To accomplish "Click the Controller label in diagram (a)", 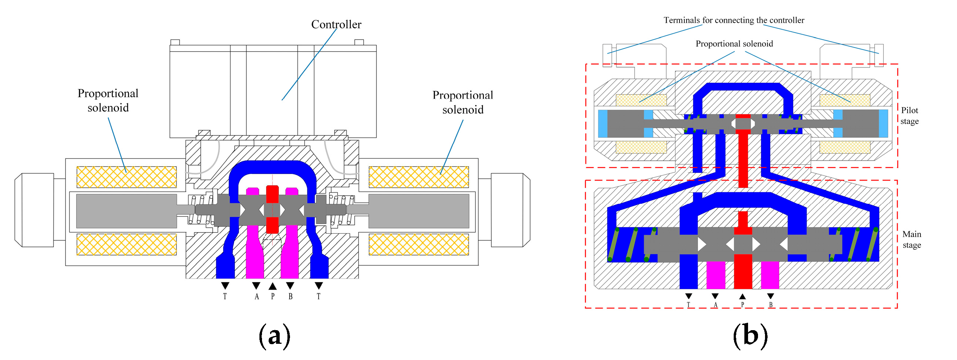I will [x=336, y=25].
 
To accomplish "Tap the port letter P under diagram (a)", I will [x=273, y=297].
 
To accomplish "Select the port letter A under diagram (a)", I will [x=256, y=297].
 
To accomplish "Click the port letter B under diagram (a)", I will [x=290, y=297].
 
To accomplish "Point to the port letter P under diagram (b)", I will [x=742, y=305].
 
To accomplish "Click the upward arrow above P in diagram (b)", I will [x=742, y=296].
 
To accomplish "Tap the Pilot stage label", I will [x=909, y=116].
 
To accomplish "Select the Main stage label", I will [x=911, y=239].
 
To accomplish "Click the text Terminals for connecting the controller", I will [x=734, y=20].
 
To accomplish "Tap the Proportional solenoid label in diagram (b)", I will [x=734, y=44].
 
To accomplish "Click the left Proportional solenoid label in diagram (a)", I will [x=108, y=100].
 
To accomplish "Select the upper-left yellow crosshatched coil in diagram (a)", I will [x=126, y=177].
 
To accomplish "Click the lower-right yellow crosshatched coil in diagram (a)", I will [x=419, y=244].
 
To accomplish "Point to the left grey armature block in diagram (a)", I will [x=126, y=211].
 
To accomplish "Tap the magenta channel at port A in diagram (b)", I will [x=716, y=275].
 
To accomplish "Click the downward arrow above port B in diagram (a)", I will [x=290, y=285].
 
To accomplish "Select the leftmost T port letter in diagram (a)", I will [x=225, y=297].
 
